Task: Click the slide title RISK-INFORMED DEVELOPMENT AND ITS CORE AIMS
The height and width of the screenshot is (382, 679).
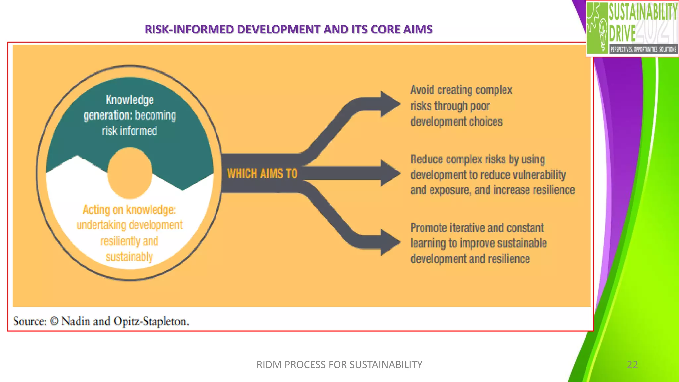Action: tap(288, 29)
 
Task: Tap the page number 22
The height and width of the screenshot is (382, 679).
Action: tap(632, 364)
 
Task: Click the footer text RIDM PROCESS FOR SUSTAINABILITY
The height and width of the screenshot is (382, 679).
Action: tap(339, 364)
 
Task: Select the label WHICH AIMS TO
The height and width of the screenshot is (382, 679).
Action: tap(262, 173)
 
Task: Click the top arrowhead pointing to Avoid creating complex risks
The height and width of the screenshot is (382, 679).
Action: tap(390, 104)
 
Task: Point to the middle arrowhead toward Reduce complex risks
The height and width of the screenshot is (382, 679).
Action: tap(390, 173)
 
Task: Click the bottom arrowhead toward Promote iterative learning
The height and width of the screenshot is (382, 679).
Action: tap(390, 242)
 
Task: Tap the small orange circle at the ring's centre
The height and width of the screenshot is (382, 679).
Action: tap(130, 173)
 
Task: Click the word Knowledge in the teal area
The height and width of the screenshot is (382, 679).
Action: tap(129, 100)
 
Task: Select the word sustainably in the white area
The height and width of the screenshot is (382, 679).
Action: tap(129, 256)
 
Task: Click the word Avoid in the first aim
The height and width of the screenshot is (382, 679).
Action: tap(422, 90)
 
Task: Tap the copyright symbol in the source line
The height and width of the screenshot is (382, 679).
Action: tap(54, 321)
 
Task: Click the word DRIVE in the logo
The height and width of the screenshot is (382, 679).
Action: tap(622, 33)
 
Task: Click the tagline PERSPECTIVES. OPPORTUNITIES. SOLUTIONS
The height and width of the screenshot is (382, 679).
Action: tap(643, 49)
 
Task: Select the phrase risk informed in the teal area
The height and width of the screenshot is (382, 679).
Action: tap(129, 131)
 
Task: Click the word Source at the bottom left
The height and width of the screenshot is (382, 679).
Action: tap(30, 321)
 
